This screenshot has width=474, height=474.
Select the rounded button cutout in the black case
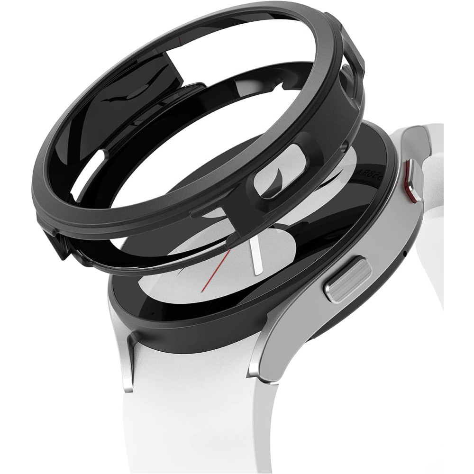(275, 171)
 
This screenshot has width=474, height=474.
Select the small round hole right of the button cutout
(345, 148)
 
